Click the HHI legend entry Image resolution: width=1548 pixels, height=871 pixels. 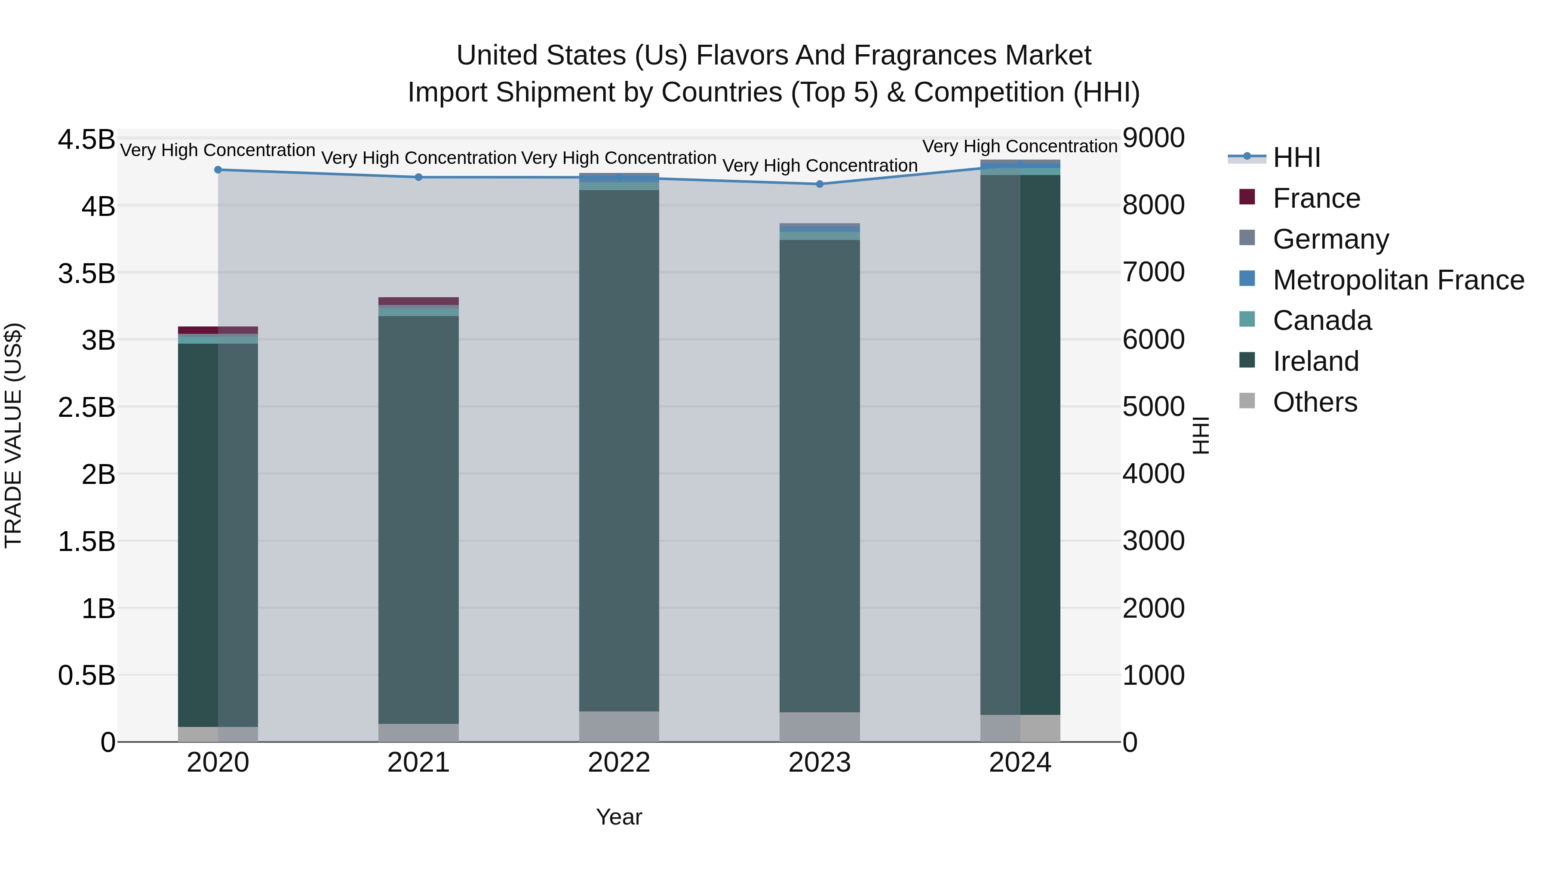1296,157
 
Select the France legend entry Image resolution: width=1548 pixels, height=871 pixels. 1316,198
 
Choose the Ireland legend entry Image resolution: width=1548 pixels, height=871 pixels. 1315,361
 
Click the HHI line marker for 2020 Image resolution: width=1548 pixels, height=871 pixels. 218,170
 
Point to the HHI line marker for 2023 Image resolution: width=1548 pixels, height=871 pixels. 820,184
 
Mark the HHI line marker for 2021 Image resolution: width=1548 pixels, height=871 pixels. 419,177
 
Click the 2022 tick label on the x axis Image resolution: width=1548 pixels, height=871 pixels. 619,763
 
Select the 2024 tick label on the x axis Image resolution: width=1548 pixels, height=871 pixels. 1020,763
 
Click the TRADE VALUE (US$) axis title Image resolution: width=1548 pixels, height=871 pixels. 13,435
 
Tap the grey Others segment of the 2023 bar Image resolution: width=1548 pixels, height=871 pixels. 820,727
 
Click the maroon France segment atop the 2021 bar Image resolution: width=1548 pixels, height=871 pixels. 419,301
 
